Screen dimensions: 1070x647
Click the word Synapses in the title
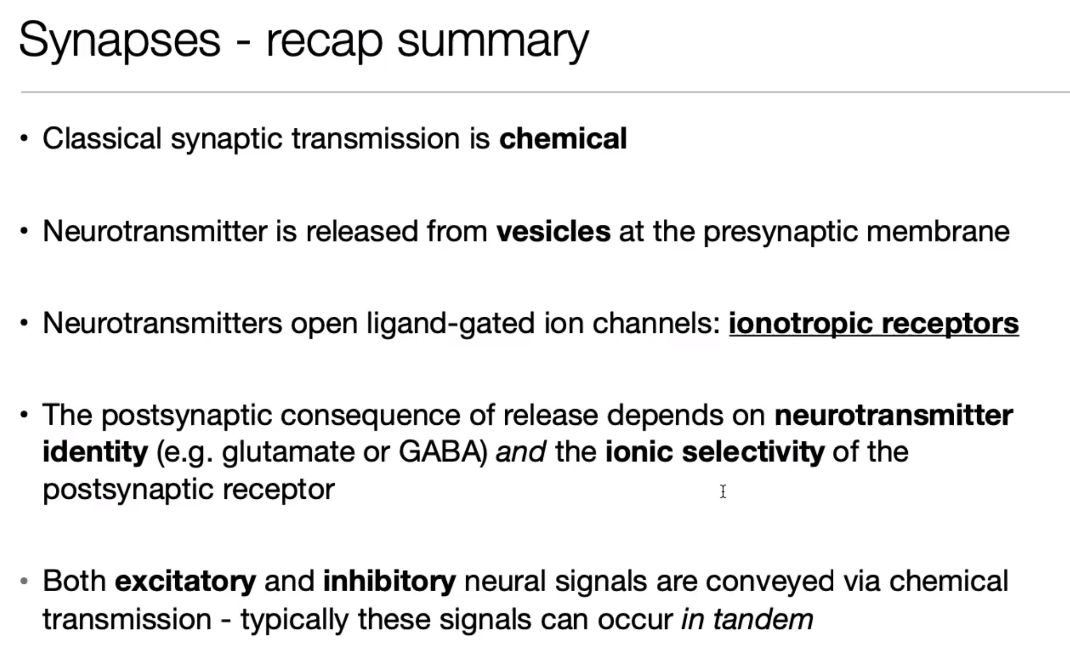click(x=119, y=41)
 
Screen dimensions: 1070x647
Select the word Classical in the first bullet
click(x=102, y=138)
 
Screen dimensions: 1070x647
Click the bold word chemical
click(x=563, y=138)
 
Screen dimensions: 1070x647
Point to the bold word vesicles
click(x=553, y=231)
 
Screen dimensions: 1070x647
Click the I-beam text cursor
click(x=723, y=491)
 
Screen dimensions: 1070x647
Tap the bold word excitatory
click(x=186, y=582)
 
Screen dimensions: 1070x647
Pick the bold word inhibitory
click(x=390, y=582)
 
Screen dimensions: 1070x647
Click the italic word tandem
click(x=763, y=619)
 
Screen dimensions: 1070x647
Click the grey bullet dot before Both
click(x=23, y=581)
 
